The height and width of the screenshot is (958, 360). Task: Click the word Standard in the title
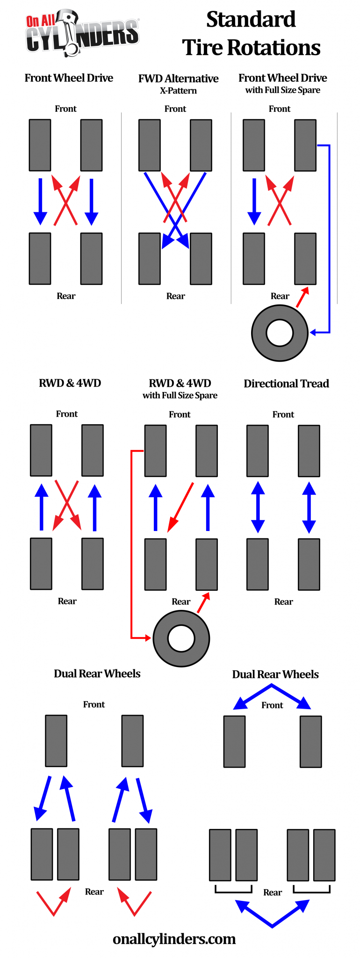[x=251, y=20]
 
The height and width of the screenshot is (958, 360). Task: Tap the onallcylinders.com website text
[x=174, y=939]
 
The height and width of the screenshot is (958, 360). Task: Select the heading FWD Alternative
[x=178, y=79]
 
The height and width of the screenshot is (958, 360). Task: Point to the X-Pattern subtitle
[x=178, y=91]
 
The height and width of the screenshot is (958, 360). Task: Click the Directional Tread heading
[x=286, y=384]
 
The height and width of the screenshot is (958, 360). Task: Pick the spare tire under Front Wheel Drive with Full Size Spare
[x=280, y=333]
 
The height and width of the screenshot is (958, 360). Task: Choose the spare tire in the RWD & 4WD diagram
[x=181, y=639]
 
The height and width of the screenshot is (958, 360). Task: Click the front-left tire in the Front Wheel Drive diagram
[x=40, y=145]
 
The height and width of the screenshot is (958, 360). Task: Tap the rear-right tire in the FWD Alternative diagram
[x=201, y=259]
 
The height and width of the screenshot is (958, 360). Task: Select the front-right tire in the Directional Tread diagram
[x=309, y=451]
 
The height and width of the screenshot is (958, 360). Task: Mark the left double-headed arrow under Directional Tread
[x=258, y=507]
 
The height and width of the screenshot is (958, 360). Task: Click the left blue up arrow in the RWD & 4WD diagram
[x=42, y=507]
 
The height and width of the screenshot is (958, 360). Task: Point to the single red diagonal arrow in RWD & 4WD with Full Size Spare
[x=180, y=507]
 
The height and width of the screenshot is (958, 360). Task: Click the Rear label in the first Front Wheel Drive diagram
[x=66, y=296]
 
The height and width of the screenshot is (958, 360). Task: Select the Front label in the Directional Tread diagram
[x=283, y=414]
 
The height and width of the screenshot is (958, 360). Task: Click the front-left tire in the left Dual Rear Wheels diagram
[x=56, y=741]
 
